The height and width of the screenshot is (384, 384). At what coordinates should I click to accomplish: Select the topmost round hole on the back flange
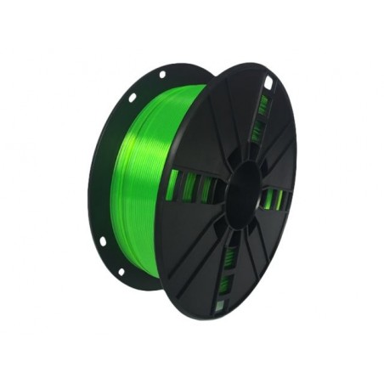pyautogui.click(x=161, y=75)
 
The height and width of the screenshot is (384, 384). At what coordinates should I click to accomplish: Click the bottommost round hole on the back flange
pyautogui.click(x=121, y=271)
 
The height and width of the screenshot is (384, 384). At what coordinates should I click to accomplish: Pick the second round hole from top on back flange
pyautogui.click(x=132, y=96)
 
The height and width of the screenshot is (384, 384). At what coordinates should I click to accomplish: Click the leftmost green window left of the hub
pyautogui.click(x=172, y=184)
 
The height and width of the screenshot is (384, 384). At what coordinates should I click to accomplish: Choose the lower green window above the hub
pyautogui.click(x=256, y=132)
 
